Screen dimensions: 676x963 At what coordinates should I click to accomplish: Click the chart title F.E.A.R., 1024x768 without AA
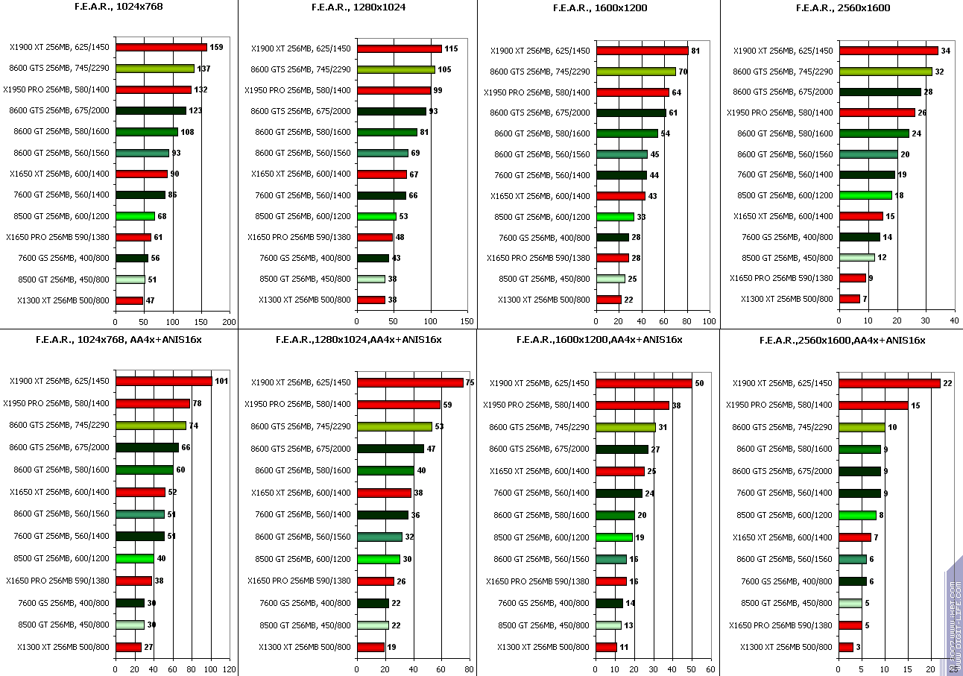pos(119,7)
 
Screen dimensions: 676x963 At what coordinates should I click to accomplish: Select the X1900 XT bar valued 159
pos(161,47)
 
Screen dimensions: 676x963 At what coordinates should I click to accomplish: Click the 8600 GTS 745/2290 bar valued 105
pos(396,69)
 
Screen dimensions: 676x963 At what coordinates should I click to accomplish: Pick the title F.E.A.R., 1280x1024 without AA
pos(358,7)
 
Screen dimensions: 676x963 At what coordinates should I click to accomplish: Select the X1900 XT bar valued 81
pos(642,51)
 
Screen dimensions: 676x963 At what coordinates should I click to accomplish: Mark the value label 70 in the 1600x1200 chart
pos(683,72)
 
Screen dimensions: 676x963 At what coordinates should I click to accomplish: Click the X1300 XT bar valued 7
pos(849,299)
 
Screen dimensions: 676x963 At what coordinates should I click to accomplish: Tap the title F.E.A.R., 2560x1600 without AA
pos(843,7)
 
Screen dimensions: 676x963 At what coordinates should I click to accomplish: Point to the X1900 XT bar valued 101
pos(163,381)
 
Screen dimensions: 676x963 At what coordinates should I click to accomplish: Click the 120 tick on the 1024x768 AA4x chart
pos(230,669)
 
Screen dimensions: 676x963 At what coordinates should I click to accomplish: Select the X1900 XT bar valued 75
pos(410,382)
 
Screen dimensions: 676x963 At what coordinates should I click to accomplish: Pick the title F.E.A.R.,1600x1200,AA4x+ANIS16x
pos(599,340)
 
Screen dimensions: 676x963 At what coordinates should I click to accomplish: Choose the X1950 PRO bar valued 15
pos(874,405)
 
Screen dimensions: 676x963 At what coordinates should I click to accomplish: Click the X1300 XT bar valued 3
pos(846,647)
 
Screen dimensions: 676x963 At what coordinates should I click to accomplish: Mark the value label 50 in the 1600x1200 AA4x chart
pos(699,383)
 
